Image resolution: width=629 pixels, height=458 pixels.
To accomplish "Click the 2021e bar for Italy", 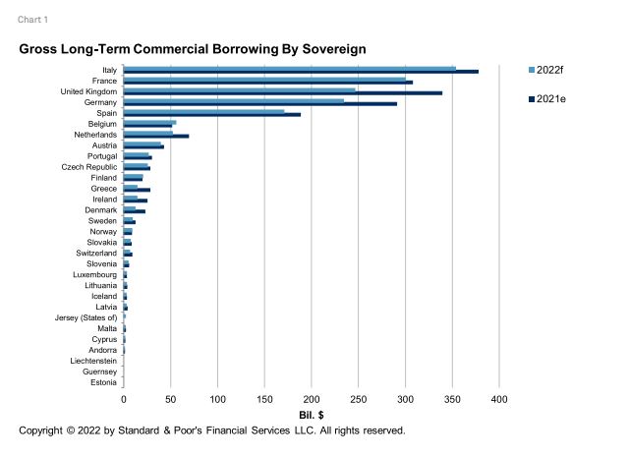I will coord(301,72).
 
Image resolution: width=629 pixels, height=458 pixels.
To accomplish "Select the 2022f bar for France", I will coord(264,79).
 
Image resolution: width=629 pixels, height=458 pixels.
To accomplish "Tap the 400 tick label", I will coord(498,400).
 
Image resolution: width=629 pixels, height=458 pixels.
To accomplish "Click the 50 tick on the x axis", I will coord(171,400).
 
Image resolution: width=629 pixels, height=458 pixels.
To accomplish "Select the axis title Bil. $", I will coord(312,416).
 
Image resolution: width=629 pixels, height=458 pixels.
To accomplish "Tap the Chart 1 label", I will coord(32,19).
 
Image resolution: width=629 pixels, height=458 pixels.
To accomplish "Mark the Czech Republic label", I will coord(89,167).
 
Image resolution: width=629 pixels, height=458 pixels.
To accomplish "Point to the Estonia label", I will coord(102,382).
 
